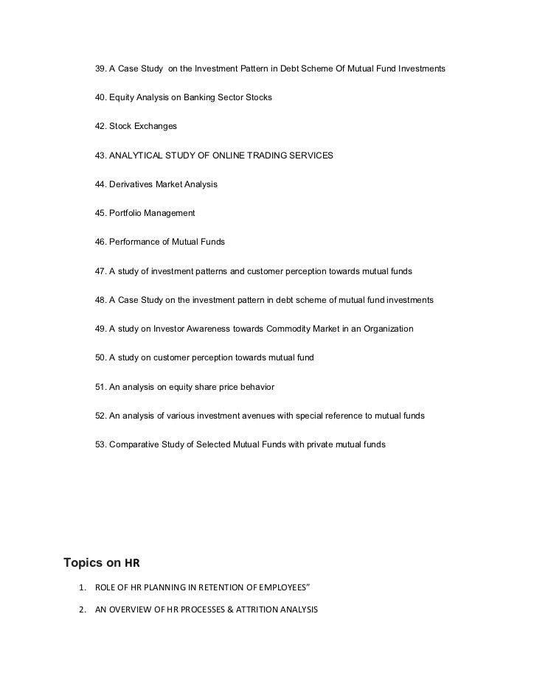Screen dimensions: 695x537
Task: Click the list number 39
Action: pyautogui.click(x=101, y=69)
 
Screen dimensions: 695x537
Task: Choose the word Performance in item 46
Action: pyautogui.click(x=136, y=242)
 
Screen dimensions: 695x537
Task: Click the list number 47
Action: pyautogui.click(x=101, y=271)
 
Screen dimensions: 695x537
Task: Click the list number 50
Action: pyautogui.click(x=101, y=358)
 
